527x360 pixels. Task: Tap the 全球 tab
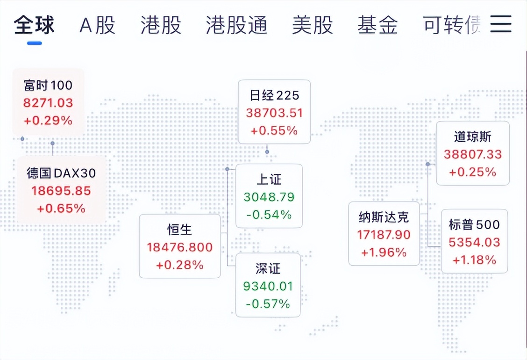coord(34,25)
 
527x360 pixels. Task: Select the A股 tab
coord(98,25)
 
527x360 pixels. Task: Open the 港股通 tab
coord(236,25)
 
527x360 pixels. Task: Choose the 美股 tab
coord(313,25)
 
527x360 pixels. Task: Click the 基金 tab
coord(378,25)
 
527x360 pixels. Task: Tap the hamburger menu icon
coord(501,24)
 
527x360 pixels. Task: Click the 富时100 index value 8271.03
coord(48,102)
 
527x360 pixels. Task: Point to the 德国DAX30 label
coord(62,173)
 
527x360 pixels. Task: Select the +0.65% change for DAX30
coord(61,208)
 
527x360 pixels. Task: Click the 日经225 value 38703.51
coord(274,113)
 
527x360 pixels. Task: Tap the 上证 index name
coord(269,180)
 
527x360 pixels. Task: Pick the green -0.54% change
coord(269,214)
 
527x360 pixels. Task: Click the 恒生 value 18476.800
coord(180,247)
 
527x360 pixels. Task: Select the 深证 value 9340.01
coord(268,286)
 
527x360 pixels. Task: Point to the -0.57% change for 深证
coord(268,304)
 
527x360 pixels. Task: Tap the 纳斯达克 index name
coord(384,217)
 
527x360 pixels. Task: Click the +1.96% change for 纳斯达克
coord(384,252)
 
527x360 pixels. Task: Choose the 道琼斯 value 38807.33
coord(472,154)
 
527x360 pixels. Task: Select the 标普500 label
coord(474,224)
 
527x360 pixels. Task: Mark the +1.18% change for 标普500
coord(474,260)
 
